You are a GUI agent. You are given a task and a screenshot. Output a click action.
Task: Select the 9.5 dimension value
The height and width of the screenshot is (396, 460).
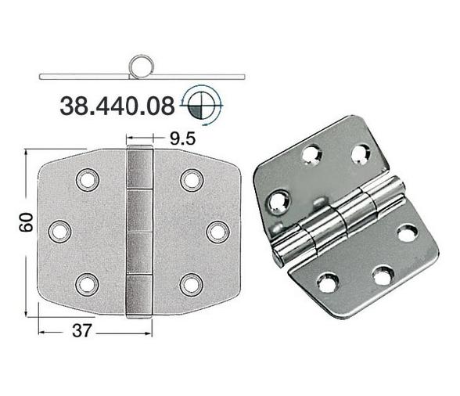pos(181,142)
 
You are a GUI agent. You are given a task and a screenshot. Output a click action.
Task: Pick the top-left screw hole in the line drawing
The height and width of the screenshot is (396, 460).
pos(84,180)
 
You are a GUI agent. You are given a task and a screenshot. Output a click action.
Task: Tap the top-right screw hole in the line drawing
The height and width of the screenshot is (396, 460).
pos(190,180)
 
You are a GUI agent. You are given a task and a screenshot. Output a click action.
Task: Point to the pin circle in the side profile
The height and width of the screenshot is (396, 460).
pos(142,64)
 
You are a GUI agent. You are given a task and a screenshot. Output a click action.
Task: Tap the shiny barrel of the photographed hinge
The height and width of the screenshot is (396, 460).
pos(336,219)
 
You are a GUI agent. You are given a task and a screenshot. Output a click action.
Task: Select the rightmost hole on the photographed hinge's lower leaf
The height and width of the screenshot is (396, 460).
pos(407,232)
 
